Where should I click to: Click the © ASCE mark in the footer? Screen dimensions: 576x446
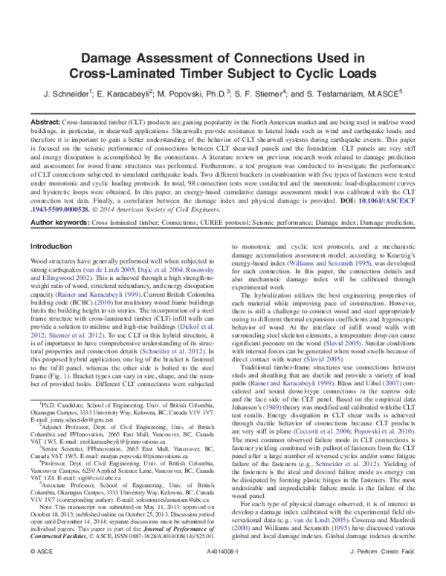37,555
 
